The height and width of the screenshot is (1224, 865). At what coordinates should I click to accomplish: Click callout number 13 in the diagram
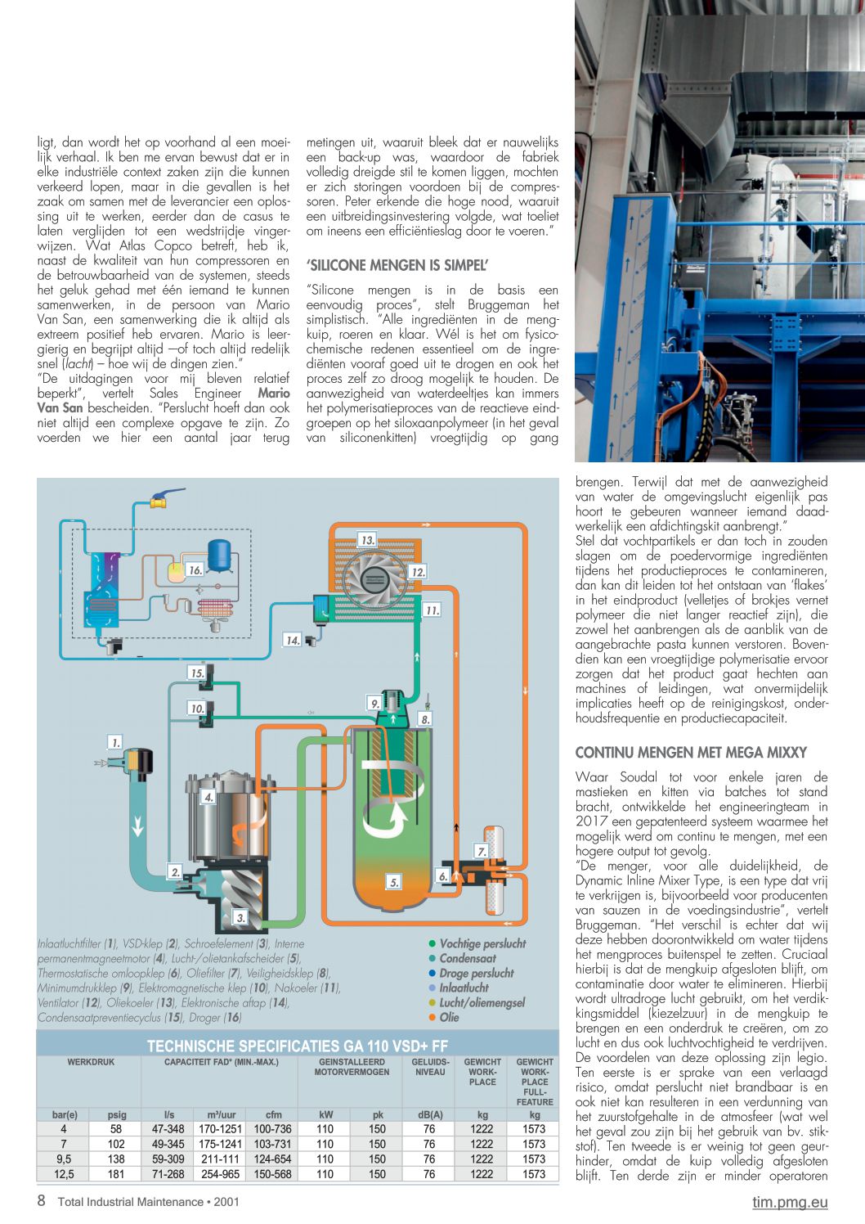pos(367,540)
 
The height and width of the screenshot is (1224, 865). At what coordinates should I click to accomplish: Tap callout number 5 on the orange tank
pos(394,882)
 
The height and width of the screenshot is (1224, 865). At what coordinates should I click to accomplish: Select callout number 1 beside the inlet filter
pos(115,742)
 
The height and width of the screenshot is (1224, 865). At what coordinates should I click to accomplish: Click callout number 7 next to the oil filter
pos(482,851)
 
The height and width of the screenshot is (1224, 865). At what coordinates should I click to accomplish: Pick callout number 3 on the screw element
pos(240,917)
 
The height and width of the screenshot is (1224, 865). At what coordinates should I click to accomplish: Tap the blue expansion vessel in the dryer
pos(219,555)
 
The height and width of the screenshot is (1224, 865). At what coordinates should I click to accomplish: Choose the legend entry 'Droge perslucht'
pos(476,973)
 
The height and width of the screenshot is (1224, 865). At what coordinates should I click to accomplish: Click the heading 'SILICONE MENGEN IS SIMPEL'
pos(397,265)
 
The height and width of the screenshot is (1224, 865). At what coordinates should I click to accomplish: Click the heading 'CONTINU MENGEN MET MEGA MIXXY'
pos(691,752)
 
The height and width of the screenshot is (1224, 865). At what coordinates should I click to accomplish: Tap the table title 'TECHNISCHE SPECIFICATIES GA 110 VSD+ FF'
pos(298,1046)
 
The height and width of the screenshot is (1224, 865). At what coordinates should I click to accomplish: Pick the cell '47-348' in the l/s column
pos(168,1129)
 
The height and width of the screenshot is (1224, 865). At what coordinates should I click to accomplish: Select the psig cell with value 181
pos(116,1174)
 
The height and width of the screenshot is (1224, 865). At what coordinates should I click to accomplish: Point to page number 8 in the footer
pos(42,1201)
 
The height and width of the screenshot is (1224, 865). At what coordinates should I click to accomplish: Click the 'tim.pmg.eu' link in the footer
pos(790,1202)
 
